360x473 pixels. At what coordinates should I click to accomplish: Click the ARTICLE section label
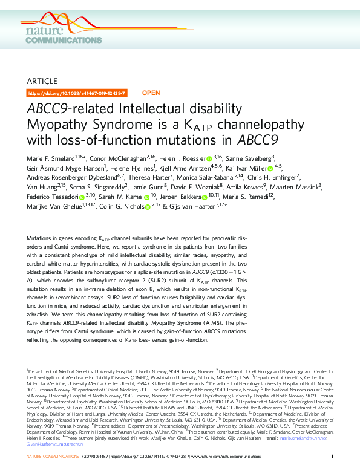click(42, 81)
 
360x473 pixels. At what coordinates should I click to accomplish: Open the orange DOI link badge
click(77, 93)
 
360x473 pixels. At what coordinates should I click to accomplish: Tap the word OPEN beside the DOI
click(150, 93)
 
